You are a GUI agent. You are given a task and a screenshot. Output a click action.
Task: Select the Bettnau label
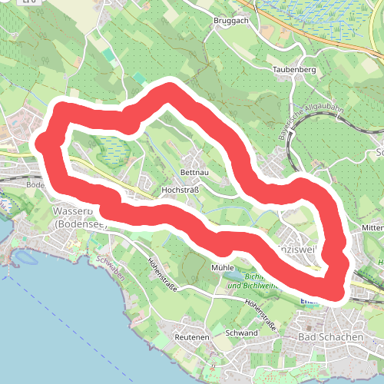coord(194,172)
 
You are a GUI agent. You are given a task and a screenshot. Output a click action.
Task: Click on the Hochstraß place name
coord(180,188)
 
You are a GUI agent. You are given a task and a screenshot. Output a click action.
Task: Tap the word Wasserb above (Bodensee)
coord(72,210)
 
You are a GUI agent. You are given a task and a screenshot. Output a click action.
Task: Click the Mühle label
coord(222,267)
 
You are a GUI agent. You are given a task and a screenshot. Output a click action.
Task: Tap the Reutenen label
coord(192,338)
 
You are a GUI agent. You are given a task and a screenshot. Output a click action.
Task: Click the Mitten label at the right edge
coord(372,228)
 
